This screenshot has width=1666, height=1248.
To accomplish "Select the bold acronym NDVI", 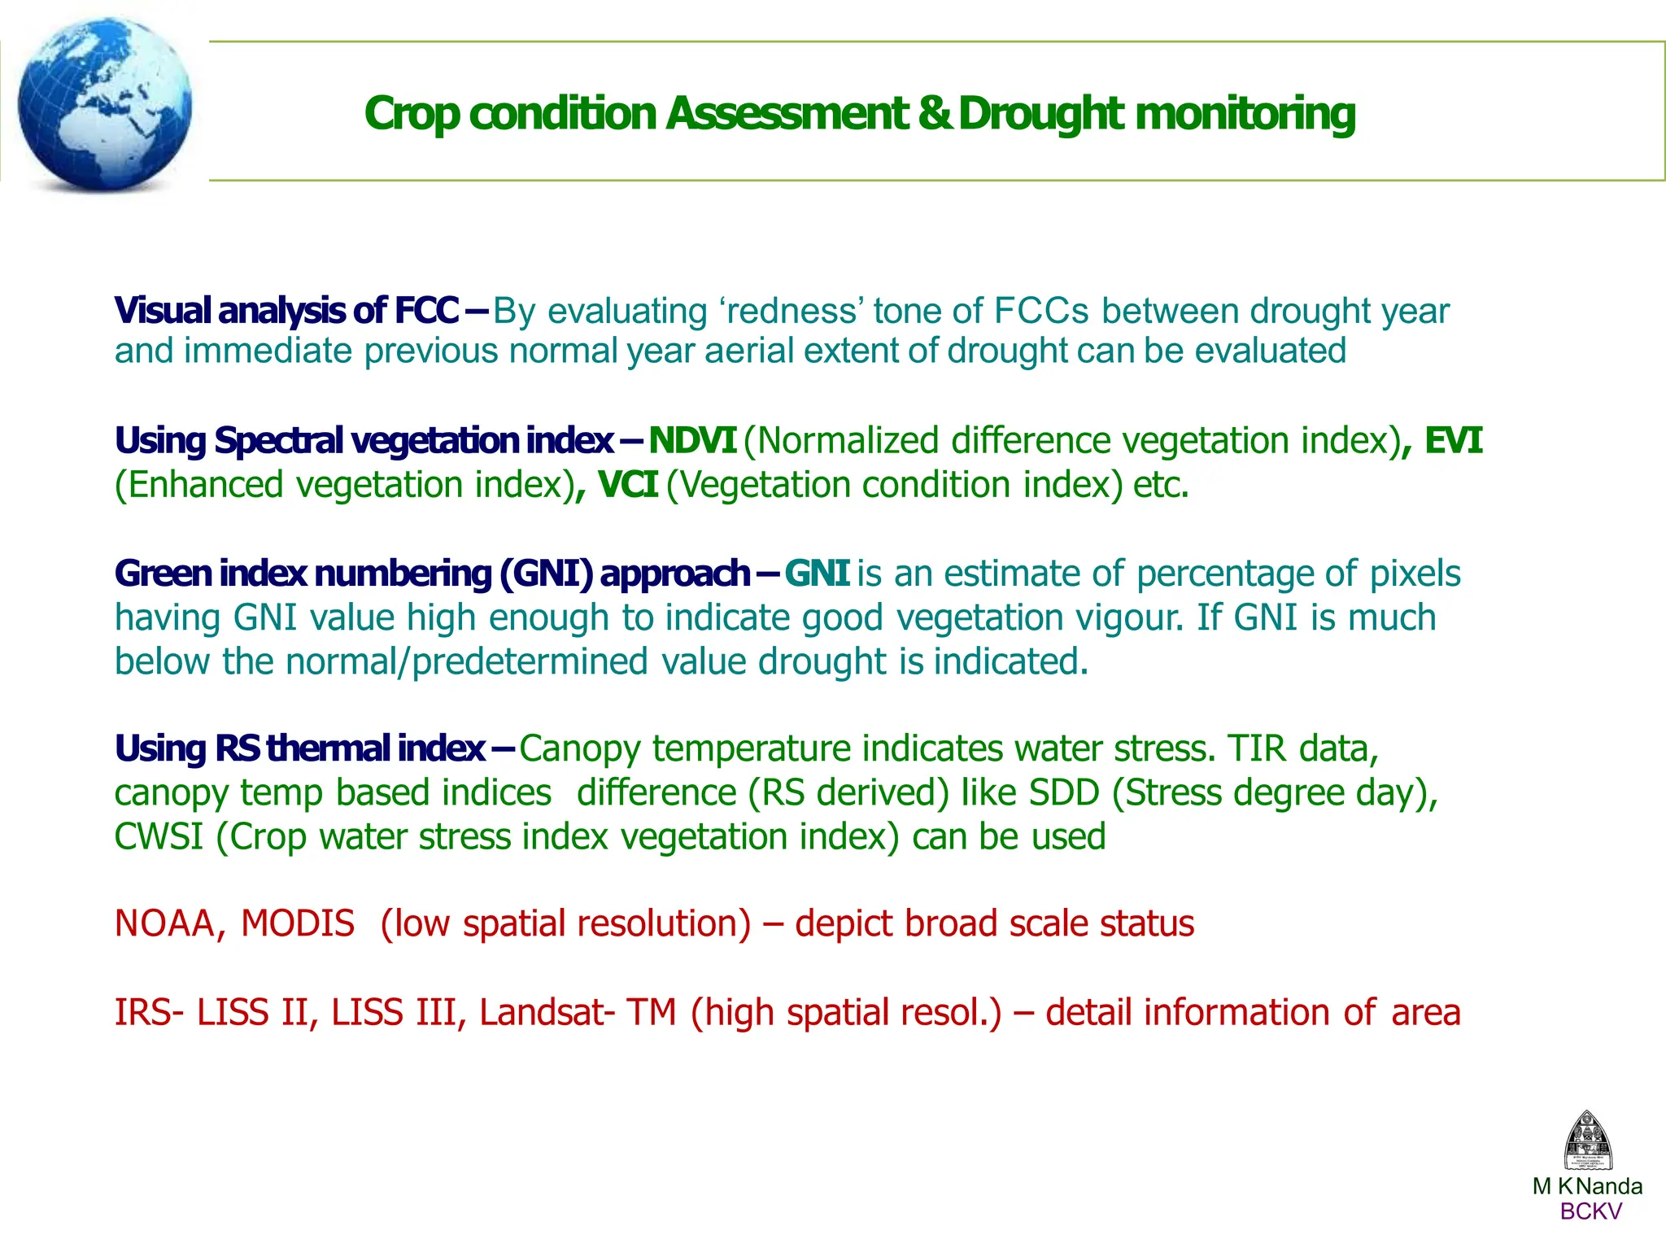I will [692, 441].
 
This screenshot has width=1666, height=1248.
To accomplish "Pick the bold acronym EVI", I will [1454, 441].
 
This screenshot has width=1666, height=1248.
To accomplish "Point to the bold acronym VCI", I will [627, 485].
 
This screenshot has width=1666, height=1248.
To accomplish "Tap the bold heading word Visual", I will [163, 312].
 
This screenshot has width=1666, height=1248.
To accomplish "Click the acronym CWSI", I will [158, 837].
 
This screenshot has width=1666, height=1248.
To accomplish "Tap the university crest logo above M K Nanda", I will [1587, 1141].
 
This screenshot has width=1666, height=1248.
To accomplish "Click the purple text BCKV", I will [1590, 1211].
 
